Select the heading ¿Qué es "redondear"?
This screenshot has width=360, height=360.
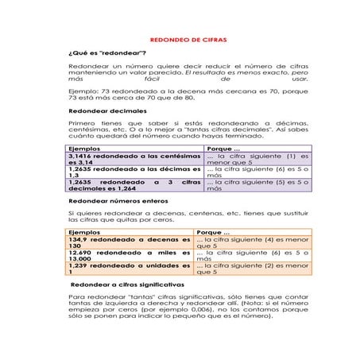pyautogui.click(x=101, y=52)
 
